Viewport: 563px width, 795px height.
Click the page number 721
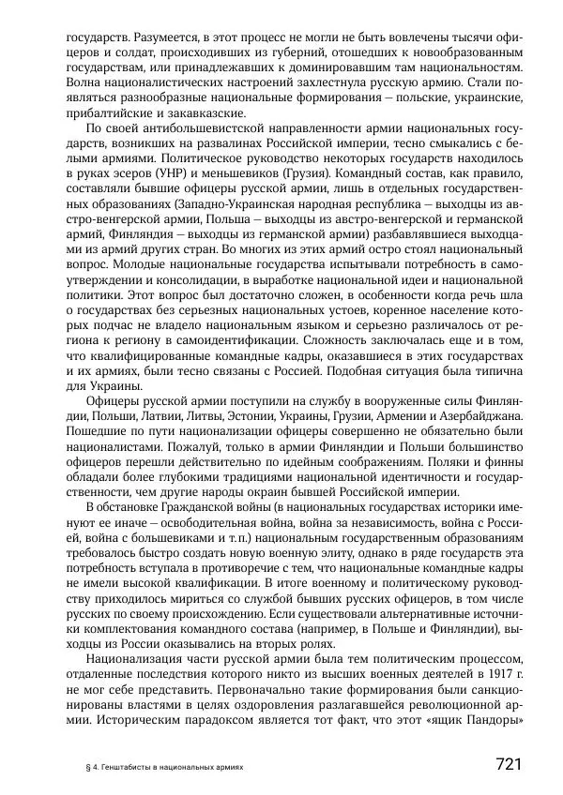pyautogui.click(x=508, y=763)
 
